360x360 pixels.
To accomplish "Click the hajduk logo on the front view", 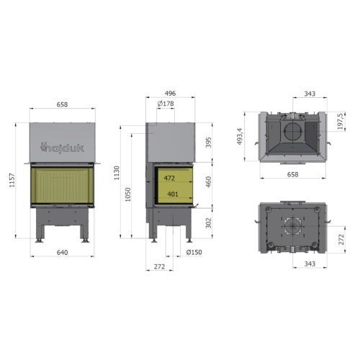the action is [x=62, y=148].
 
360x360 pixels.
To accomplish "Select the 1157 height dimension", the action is [x=12, y=180].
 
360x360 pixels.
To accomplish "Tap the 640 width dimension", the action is [x=62, y=252].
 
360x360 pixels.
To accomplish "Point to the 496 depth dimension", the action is [x=170, y=93].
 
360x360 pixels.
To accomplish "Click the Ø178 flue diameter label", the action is [x=166, y=104].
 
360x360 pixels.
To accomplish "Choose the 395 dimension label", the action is [x=209, y=143].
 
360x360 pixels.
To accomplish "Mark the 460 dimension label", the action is [x=209, y=181].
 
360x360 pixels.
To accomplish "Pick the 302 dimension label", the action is [x=209, y=222].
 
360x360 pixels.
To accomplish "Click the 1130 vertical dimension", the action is [x=117, y=173].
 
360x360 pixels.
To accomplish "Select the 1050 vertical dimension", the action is [x=128, y=194].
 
